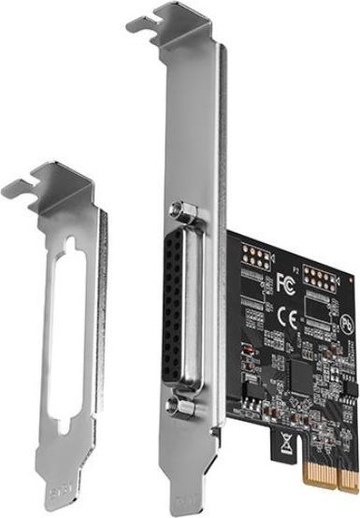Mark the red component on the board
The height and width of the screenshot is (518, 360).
click(x=247, y=348)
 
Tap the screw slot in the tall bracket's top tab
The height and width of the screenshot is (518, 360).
click(x=158, y=24)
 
